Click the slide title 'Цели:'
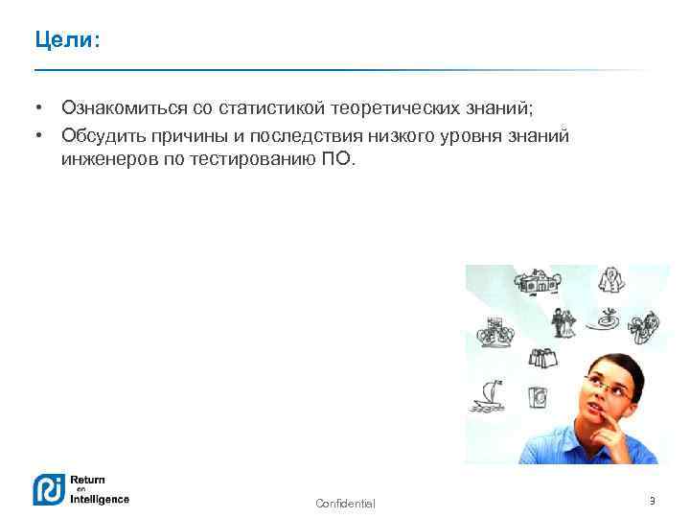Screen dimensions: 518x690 pos(66,41)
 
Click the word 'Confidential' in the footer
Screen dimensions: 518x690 pos(345,504)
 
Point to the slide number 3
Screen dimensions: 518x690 pos(652,501)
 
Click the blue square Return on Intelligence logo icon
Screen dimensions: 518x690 pos(48,489)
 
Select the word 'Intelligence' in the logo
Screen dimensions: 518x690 pos(98,499)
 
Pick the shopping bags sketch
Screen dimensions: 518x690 pos(544,357)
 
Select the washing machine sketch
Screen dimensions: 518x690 pos(537,395)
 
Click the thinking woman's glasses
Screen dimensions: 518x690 pos(602,386)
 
